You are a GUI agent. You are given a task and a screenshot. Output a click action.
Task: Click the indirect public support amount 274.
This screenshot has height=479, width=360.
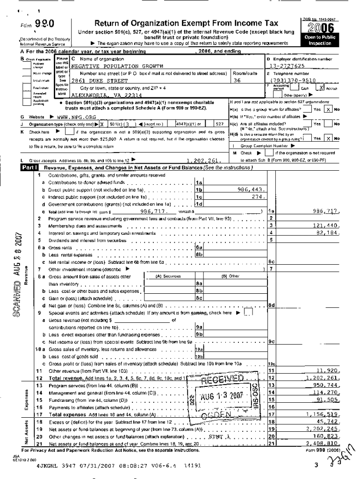(x=258, y=196)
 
